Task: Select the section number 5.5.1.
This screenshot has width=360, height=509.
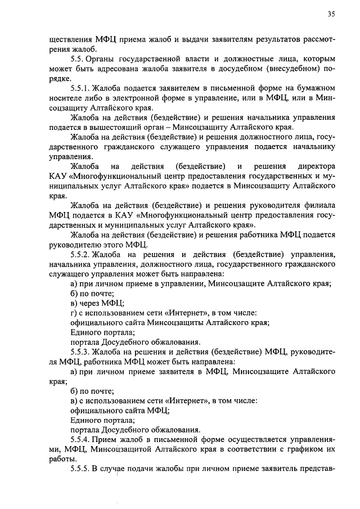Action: (x=80, y=88)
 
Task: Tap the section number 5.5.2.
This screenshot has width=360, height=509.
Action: (x=80, y=255)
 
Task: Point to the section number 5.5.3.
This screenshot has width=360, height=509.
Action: (x=80, y=352)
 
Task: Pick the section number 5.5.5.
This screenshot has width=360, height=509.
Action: (x=80, y=470)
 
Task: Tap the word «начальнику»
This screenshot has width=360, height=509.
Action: (x=314, y=147)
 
